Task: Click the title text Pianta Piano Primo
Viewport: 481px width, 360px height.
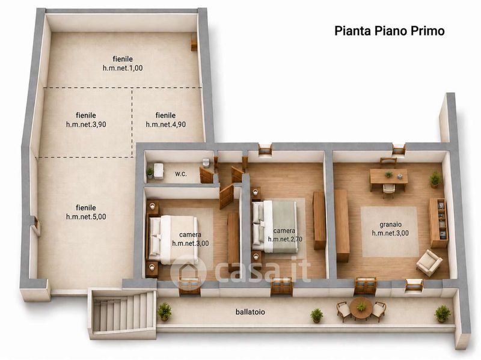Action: coord(389,31)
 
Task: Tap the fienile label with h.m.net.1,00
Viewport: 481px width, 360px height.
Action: coord(123,64)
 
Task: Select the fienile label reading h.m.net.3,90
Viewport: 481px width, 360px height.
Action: coord(86,120)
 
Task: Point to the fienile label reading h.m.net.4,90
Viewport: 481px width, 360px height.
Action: coord(166,120)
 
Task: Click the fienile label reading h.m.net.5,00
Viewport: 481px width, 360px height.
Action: coord(86,212)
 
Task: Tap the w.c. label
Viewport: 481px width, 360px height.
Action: coord(181,174)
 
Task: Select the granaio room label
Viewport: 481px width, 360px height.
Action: coord(390,229)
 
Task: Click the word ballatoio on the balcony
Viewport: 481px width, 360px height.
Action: coord(250,312)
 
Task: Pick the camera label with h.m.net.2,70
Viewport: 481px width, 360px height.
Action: coord(285,235)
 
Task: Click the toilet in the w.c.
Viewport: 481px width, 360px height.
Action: coord(206,162)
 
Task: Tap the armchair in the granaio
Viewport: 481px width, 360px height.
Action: coord(429,263)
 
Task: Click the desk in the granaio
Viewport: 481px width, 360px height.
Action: coord(388,177)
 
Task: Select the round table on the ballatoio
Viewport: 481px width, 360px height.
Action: coord(361,308)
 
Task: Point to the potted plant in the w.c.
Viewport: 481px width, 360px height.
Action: coord(150,172)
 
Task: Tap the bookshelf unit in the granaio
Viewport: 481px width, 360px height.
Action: coord(438,222)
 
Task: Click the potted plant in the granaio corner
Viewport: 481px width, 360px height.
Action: coord(435,179)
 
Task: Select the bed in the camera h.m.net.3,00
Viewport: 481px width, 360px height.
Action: coord(173,240)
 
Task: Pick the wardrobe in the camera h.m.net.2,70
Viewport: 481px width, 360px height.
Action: coord(319,220)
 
